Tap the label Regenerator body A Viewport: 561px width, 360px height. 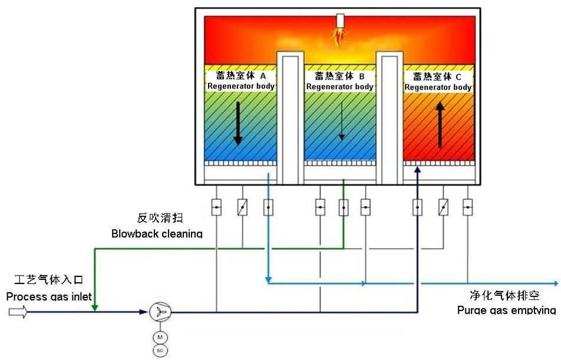pos(241,81)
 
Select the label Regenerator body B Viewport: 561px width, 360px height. pos(340,81)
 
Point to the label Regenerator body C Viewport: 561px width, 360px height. pos(438,82)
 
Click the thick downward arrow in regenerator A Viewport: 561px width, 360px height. pos(237,123)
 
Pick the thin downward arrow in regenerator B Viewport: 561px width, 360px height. pos(341,121)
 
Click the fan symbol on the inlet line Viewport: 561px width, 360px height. pos(159,312)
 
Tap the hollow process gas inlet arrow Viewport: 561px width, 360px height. pos(18,312)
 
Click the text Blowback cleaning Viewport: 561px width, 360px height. pos(157,234)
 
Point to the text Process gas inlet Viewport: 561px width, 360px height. pos(49,296)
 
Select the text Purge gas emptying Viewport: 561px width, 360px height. pos(506,311)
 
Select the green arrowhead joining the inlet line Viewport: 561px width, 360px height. pos(95,306)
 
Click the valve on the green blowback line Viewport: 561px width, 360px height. pos(344,207)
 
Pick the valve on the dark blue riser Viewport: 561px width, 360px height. pos(417,207)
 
